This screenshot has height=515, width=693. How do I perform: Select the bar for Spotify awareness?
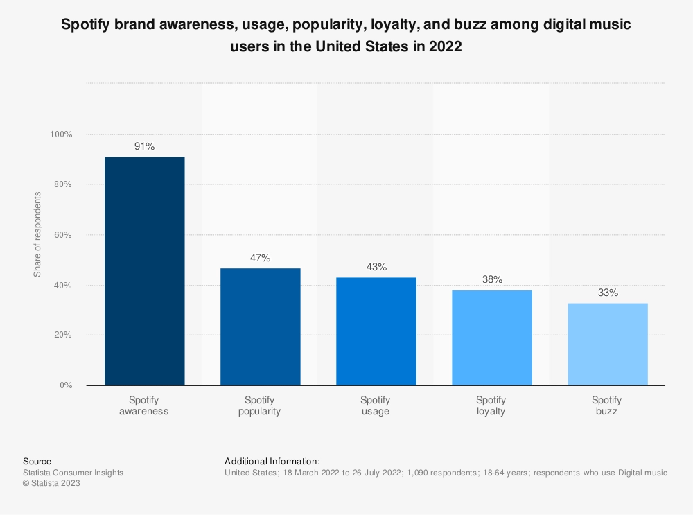pyautogui.click(x=144, y=271)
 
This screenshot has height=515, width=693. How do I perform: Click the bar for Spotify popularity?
pyautogui.click(x=260, y=326)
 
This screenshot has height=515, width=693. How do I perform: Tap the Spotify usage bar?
pyautogui.click(x=376, y=331)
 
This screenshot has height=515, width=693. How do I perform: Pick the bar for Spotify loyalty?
pyautogui.click(x=491, y=338)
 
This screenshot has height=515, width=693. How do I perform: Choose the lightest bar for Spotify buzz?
pyautogui.click(x=607, y=344)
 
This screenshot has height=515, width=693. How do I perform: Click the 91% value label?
pyautogui.click(x=144, y=146)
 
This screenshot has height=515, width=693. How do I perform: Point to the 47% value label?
pyautogui.click(x=260, y=258)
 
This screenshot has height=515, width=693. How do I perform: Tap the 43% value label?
pyautogui.click(x=376, y=267)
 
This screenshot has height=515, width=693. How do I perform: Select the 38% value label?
pyautogui.click(x=491, y=279)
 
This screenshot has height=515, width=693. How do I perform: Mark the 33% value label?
pyautogui.click(x=607, y=293)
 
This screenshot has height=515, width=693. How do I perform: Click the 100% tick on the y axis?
pyautogui.click(x=61, y=134)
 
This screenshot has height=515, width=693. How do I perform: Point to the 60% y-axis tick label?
pyautogui.click(x=63, y=235)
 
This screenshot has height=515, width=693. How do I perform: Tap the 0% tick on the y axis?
pyautogui.click(x=66, y=385)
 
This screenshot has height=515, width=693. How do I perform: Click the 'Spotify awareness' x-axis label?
pyautogui.click(x=144, y=405)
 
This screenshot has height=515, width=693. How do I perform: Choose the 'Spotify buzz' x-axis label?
pyautogui.click(x=607, y=405)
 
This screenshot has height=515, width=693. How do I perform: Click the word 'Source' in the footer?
pyautogui.click(x=37, y=461)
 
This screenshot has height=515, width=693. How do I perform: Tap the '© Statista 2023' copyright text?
pyautogui.click(x=51, y=484)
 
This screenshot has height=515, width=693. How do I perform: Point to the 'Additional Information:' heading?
pyautogui.click(x=272, y=461)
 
